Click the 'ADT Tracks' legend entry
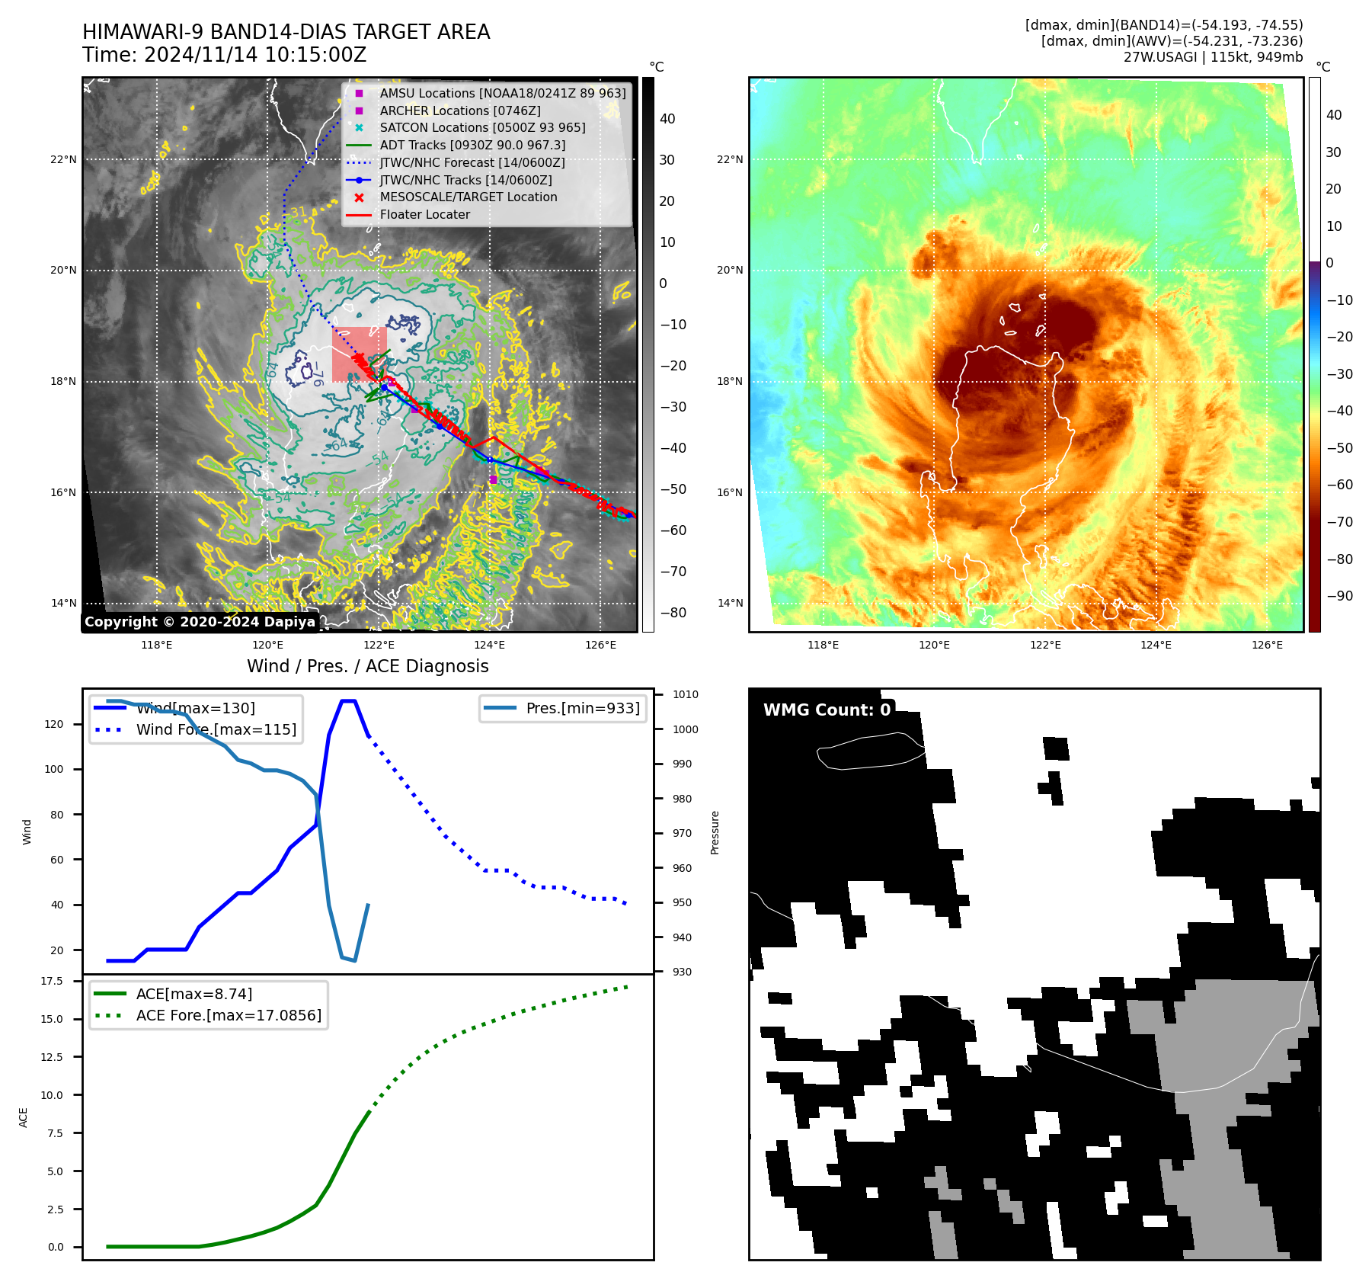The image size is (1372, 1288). click(472, 145)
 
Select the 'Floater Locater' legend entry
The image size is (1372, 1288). click(424, 214)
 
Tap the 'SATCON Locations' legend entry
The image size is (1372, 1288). click(482, 127)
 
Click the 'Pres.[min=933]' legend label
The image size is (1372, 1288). click(582, 708)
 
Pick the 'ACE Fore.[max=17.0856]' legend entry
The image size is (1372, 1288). click(229, 1015)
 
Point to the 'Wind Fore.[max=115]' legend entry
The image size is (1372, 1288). click(216, 729)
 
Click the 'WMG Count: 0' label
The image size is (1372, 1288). click(827, 710)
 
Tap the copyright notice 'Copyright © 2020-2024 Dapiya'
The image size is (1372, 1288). click(200, 622)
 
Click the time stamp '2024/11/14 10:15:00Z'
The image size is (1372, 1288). click(255, 55)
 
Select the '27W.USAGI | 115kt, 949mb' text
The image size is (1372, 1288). click(1213, 57)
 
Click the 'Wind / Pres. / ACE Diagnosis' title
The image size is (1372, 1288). click(368, 666)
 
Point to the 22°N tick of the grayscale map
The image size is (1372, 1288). click(64, 159)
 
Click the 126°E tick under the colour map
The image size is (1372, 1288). click(1267, 645)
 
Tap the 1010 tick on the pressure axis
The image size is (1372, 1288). click(685, 694)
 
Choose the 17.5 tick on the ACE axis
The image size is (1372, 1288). click(52, 981)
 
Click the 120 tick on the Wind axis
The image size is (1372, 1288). click(54, 724)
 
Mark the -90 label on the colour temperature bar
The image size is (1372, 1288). click(1339, 596)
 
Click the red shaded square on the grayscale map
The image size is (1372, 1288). click(359, 354)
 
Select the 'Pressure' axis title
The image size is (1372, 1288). click(715, 832)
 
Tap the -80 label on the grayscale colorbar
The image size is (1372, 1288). click(673, 613)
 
